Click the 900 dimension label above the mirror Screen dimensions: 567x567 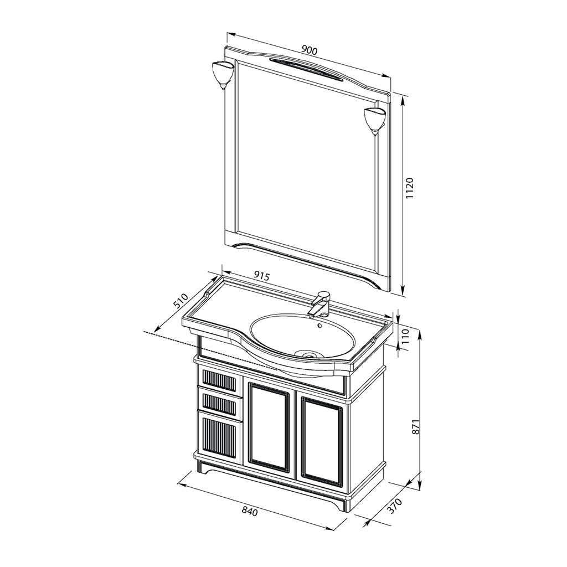click(x=310, y=50)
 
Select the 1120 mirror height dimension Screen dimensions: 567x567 click(x=409, y=188)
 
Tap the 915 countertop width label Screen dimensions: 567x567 click(x=261, y=277)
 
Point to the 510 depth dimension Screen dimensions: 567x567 click(x=181, y=301)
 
